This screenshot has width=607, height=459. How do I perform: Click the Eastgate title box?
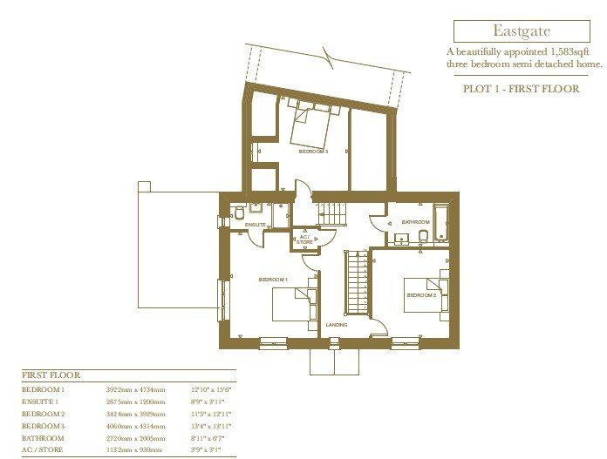[x=522, y=31]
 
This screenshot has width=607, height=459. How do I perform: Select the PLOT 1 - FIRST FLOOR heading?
[x=522, y=89]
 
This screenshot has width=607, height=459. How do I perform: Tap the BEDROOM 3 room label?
[x=313, y=152]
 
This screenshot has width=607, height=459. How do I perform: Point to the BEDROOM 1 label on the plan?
[x=273, y=279]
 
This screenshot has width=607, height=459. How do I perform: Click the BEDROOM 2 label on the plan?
[x=421, y=295]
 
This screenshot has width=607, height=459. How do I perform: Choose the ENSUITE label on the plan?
[x=255, y=225]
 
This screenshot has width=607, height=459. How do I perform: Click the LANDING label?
[x=336, y=325]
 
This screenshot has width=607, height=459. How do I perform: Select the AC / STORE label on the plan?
[x=304, y=239]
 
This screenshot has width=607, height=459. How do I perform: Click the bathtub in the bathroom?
[x=440, y=223]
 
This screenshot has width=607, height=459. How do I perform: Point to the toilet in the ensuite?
[x=239, y=214]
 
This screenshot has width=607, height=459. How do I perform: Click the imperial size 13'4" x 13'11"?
[x=209, y=427]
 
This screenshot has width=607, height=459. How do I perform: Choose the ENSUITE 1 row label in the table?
[x=43, y=402]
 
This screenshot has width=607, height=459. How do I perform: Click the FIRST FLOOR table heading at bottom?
[x=50, y=375]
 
